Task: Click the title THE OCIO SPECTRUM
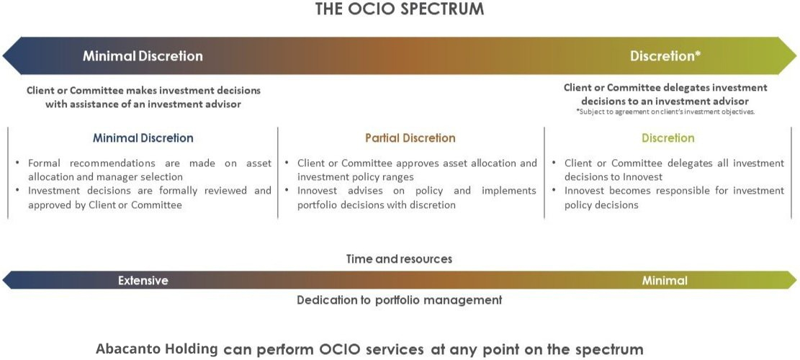pos(400,9)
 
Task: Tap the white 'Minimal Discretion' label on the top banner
pos(143,55)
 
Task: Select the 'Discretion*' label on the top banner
pos(665,55)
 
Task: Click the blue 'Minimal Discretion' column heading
pos(143,138)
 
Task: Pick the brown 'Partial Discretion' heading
pos(410,138)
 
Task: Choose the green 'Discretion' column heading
pos(668,138)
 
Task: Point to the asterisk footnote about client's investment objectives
pos(665,112)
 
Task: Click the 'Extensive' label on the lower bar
pos(143,281)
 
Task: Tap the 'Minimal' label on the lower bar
pos(665,281)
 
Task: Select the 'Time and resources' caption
pos(399,259)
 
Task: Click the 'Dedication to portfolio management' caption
pos(400,300)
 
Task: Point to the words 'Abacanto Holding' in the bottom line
pos(157,350)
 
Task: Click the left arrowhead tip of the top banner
pos(3,55)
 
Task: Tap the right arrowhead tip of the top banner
pos(796,55)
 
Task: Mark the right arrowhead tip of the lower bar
pos(796,281)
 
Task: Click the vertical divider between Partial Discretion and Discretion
pos(544,173)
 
